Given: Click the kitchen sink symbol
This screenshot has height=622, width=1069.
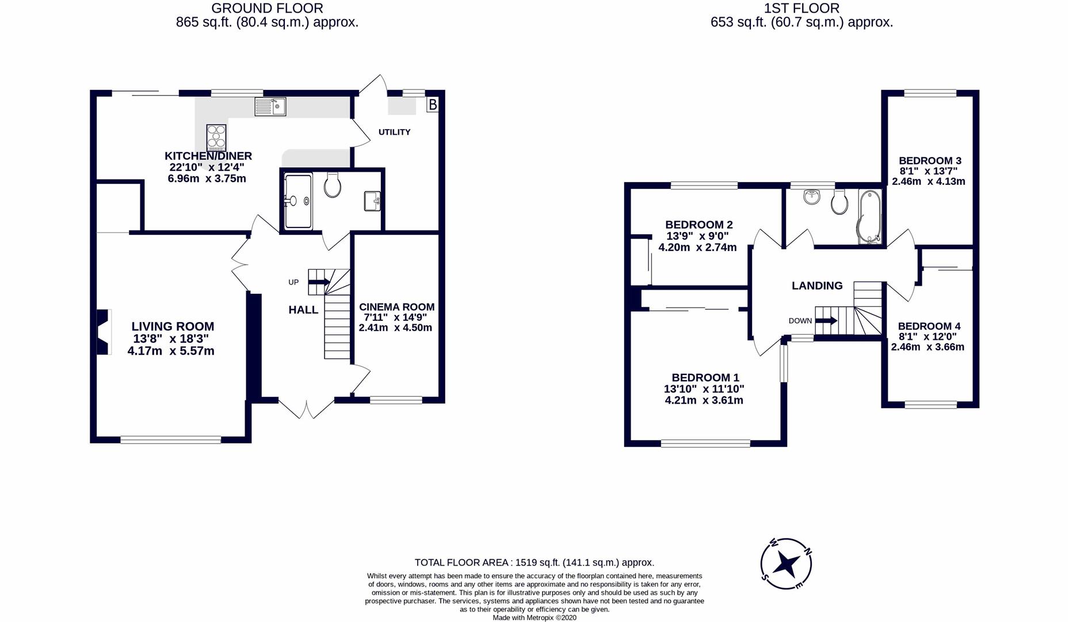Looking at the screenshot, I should (x=270, y=107).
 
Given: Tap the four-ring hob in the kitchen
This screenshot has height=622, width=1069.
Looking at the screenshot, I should (x=216, y=138).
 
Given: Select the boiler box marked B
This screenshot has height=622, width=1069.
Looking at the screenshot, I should (x=433, y=105).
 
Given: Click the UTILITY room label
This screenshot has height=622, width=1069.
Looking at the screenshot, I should (x=394, y=132).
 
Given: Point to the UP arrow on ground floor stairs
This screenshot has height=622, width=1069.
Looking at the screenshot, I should (x=319, y=282).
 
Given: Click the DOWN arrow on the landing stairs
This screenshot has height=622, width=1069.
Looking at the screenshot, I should (x=826, y=321).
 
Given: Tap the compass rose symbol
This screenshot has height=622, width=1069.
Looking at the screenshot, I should (x=785, y=564).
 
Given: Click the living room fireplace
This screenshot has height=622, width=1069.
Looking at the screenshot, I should (x=103, y=332).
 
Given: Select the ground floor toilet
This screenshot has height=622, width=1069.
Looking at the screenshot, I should (x=333, y=185).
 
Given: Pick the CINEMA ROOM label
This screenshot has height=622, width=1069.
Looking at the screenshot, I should (x=396, y=307).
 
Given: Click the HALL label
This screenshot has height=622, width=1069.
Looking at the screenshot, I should (x=303, y=310).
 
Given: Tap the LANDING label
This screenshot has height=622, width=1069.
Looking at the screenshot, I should (x=816, y=286).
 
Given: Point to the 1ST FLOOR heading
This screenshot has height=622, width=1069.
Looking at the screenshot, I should (x=801, y=8).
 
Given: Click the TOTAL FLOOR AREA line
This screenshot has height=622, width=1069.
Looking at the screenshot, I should (x=534, y=563).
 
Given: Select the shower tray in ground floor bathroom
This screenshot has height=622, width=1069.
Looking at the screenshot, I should (x=298, y=201).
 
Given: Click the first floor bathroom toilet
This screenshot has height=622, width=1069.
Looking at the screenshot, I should (x=839, y=202).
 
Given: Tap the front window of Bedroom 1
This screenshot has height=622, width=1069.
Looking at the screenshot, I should (x=705, y=443).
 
